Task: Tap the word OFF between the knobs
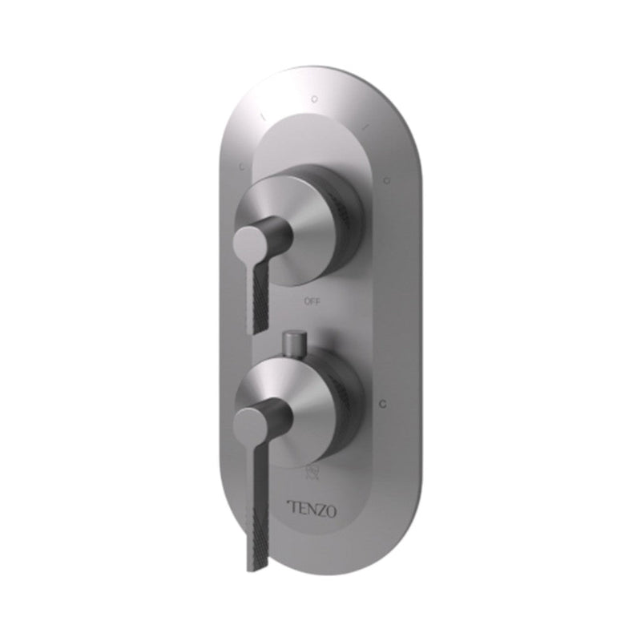(x=312, y=302)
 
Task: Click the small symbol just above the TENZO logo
(x=313, y=475)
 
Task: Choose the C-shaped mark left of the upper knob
(x=241, y=167)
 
